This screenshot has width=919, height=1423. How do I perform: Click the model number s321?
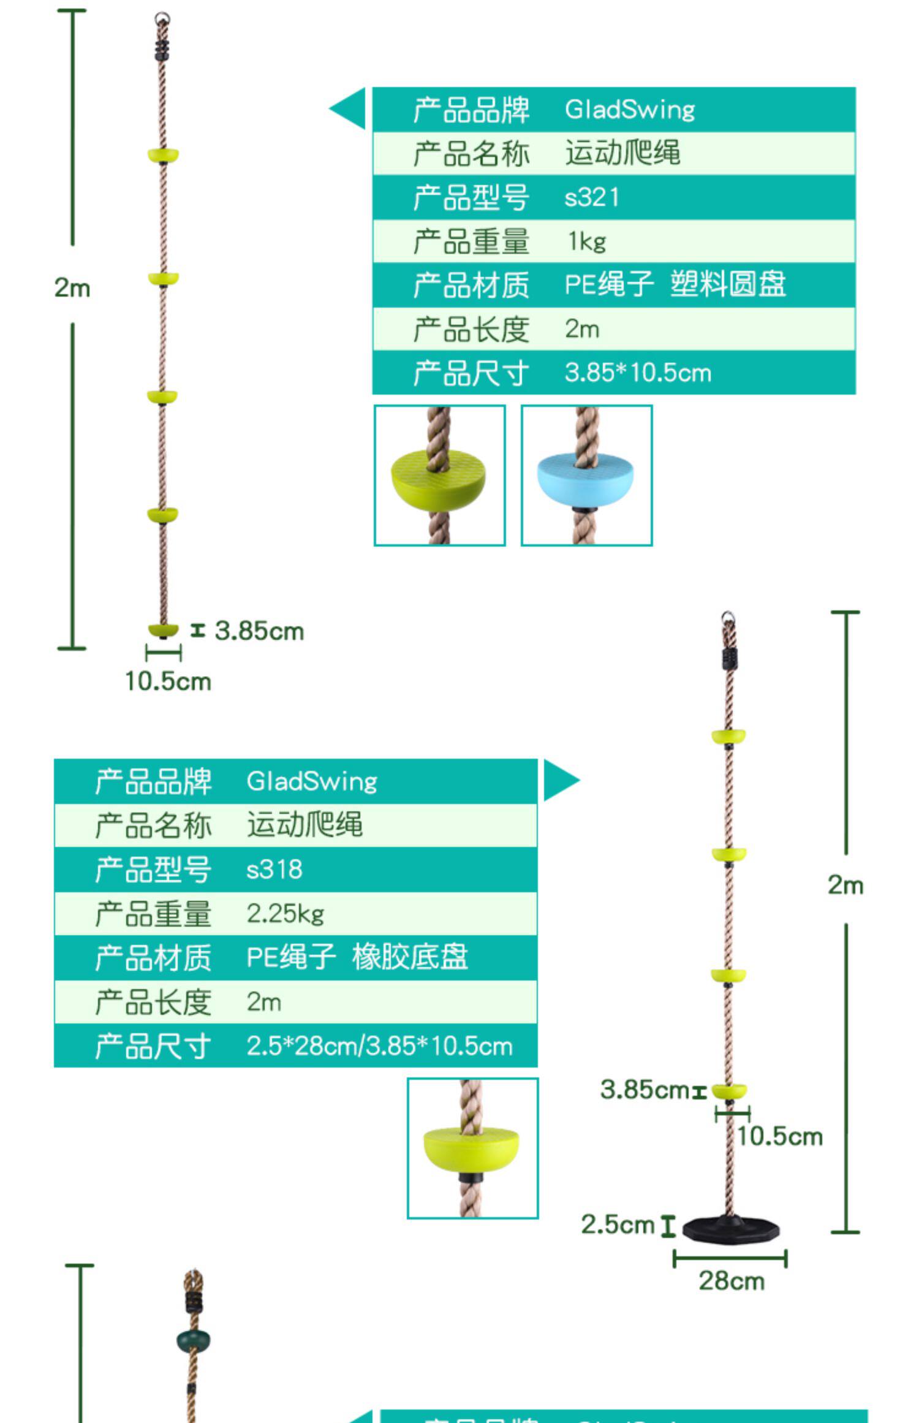point(591,198)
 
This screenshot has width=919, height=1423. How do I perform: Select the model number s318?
point(274,869)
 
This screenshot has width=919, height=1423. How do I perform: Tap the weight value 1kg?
point(586,242)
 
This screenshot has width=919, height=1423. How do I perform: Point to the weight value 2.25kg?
point(285,914)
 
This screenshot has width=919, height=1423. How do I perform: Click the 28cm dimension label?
point(732,1281)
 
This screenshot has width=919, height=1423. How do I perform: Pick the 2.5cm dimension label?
point(618,1224)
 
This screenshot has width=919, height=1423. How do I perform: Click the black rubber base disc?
point(731,1229)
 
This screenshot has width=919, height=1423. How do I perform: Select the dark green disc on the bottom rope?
point(193,1341)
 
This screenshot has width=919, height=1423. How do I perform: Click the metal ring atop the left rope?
point(162,18)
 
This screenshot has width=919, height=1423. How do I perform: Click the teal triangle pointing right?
point(559,780)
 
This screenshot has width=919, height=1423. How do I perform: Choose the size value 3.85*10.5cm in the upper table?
point(637,373)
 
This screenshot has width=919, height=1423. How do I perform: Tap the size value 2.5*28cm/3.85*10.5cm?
point(379,1045)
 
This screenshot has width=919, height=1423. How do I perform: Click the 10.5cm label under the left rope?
point(168,681)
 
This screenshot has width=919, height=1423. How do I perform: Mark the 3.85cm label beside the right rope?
point(645,1090)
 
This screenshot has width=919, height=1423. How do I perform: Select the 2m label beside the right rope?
point(845,885)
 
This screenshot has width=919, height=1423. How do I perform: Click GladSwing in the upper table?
point(629,110)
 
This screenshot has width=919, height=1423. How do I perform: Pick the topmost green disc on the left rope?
point(163,154)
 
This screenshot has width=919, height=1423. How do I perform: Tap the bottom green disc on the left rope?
point(163,629)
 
